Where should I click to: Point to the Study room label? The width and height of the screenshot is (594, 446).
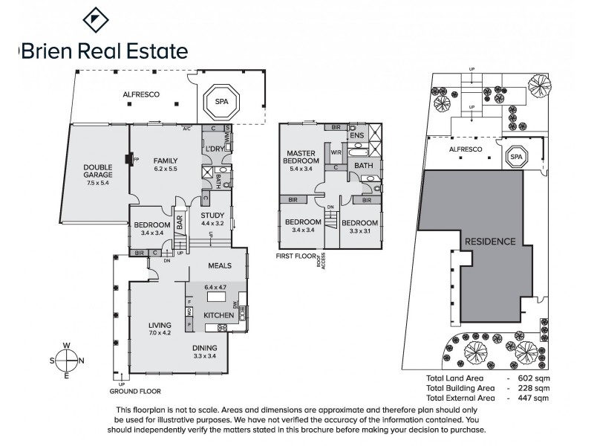[x=213, y=216]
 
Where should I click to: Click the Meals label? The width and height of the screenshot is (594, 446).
[x=221, y=265]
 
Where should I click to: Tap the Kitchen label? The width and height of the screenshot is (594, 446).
[x=219, y=316]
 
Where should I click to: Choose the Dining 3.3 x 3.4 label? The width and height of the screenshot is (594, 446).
[x=205, y=352]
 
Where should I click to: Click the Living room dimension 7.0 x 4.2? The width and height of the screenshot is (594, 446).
[x=160, y=332]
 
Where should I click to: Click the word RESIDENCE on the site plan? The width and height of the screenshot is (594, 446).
[x=489, y=242]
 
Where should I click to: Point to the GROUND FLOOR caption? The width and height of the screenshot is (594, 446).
[x=134, y=391]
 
